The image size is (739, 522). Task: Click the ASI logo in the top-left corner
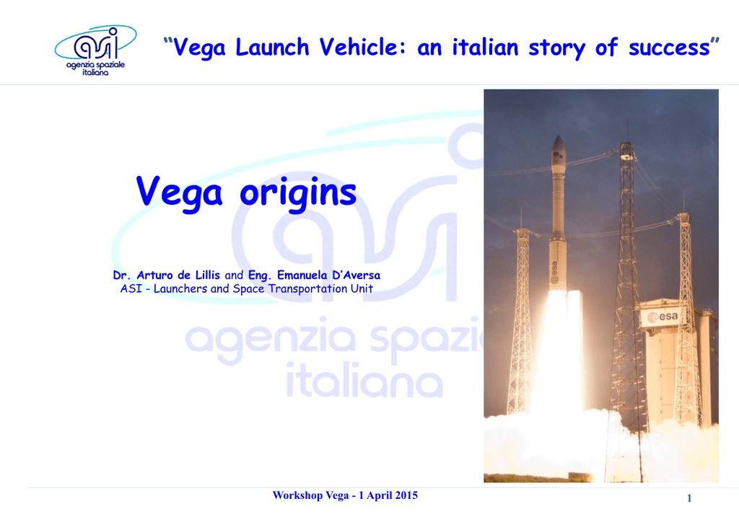click(96, 50)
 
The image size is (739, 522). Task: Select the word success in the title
click(669, 48)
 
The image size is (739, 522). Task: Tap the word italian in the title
click(485, 47)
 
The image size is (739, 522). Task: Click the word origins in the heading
click(298, 193)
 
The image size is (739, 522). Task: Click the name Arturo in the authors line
click(155, 275)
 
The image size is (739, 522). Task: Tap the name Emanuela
click(302, 275)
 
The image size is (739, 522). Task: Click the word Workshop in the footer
click(297, 495)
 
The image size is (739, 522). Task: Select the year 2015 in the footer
click(406, 495)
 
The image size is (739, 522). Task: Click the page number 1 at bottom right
click(689, 498)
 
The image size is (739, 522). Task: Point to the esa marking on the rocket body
click(555, 270)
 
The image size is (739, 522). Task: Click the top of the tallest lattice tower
click(626, 144)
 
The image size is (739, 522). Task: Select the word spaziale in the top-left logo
click(110, 65)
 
